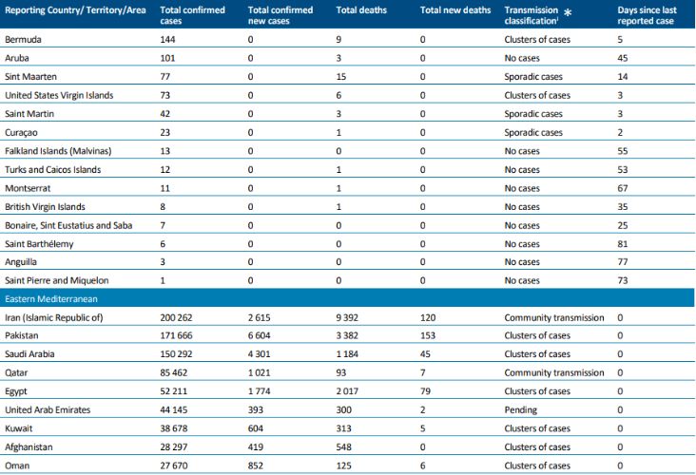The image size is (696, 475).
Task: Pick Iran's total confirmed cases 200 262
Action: pos(183,316)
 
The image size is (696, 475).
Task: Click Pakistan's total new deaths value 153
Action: pos(429,335)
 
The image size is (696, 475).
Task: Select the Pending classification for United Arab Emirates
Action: pos(520,409)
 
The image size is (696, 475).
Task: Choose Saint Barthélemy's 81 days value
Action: pos(624,243)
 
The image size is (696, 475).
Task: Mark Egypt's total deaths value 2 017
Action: pos(351,391)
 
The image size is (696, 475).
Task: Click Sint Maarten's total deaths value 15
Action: pos(342,77)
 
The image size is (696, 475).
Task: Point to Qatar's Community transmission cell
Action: pos(552,372)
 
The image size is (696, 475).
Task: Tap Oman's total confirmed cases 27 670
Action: pos(179,465)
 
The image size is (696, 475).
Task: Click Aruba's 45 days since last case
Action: pos(624,59)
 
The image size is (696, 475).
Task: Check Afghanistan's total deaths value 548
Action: pos(345,446)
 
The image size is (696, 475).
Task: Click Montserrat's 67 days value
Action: pos(624,188)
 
